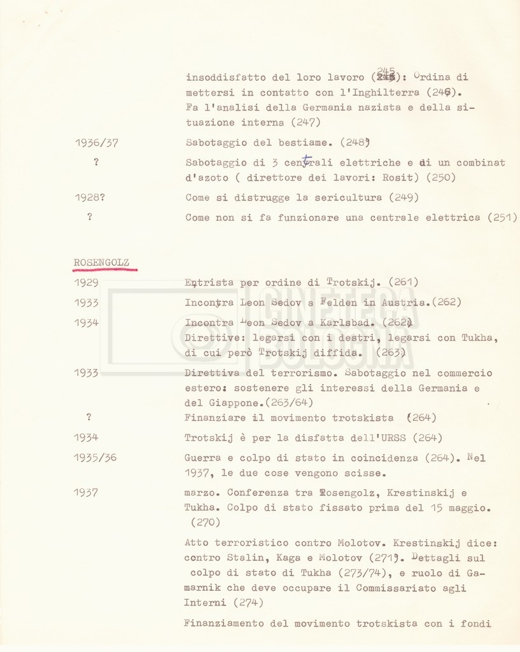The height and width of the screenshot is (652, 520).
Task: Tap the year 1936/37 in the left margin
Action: click(95, 143)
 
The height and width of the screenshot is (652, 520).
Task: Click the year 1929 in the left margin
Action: click(86, 282)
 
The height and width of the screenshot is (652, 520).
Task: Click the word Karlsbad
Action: click(344, 323)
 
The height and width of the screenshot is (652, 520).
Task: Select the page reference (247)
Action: click(305, 122)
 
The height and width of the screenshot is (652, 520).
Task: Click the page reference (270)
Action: click(205, 522)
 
